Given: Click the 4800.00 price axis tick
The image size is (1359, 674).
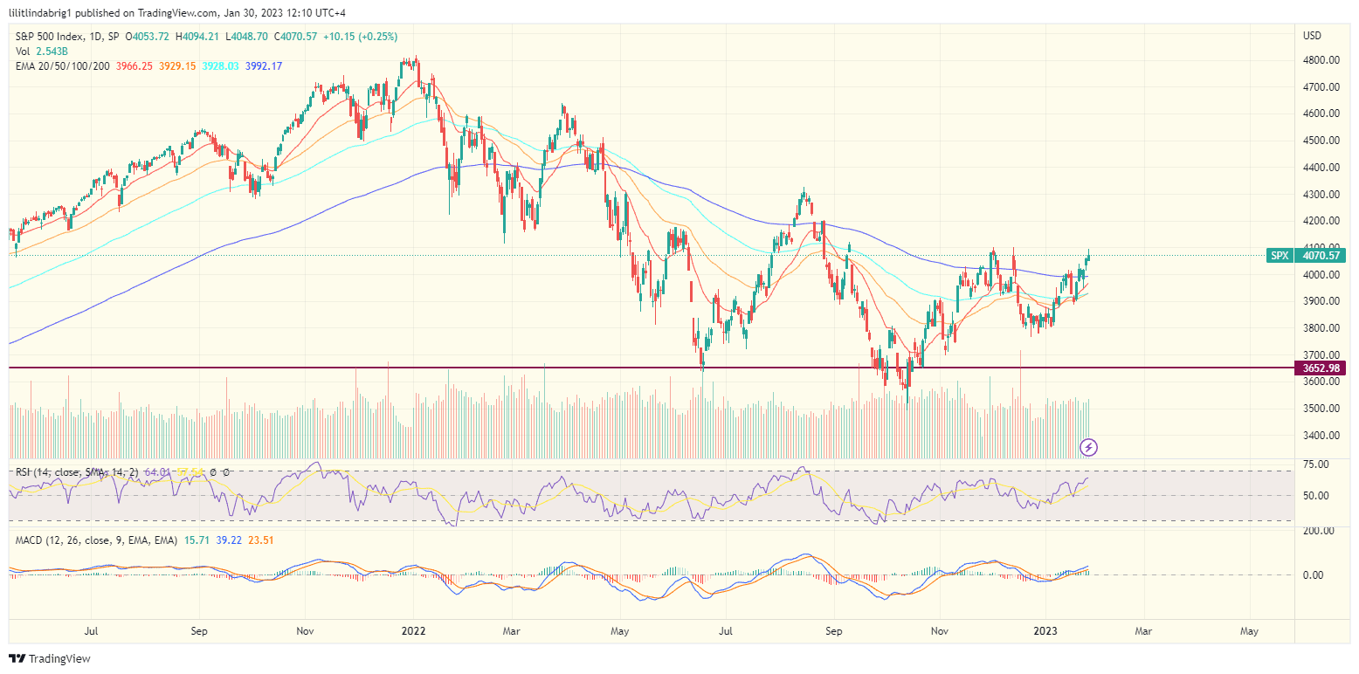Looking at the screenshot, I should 1321,60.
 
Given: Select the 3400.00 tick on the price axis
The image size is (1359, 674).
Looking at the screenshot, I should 1321,436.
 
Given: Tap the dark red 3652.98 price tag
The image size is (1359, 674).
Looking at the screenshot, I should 1321,368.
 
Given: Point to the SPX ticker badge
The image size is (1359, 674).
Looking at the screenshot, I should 1280,256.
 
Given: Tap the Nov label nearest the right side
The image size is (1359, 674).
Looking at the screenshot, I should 940,630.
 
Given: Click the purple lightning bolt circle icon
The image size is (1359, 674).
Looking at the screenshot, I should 1088,448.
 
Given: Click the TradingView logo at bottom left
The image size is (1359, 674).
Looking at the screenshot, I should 50,659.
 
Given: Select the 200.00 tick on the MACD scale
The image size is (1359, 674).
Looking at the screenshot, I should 1318,531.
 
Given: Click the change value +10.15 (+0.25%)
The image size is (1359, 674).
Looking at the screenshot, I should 360,37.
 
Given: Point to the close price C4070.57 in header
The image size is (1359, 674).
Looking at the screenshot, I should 294,37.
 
